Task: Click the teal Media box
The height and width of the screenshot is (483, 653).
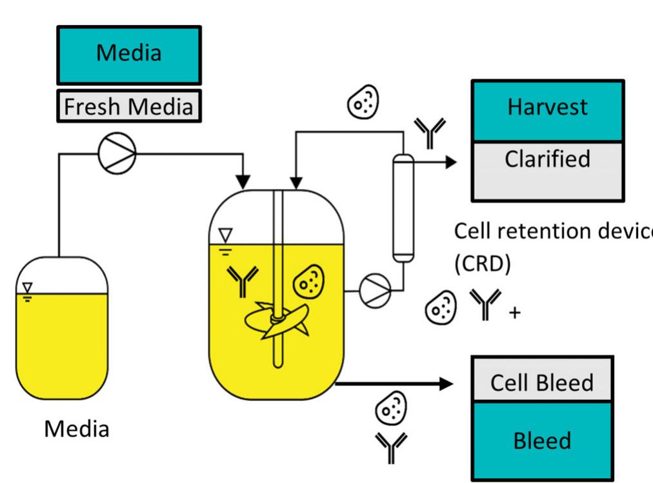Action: (x=129, y=54)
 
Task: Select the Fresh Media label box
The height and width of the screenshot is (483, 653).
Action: (x=129, y=105)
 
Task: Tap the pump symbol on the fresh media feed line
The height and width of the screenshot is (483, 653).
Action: (x=117, y=154)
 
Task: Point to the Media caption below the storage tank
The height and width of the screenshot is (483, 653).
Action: (x=76, y=429)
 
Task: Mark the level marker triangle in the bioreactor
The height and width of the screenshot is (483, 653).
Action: (x=224, y=233)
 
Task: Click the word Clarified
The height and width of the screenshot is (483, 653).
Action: (x=547, y=158)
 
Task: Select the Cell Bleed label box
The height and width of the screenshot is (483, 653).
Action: (x=542, y=382)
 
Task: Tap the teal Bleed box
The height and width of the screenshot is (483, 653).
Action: (x=542, y=440)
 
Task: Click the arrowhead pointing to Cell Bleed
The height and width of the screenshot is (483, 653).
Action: (x=447, y=384)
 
